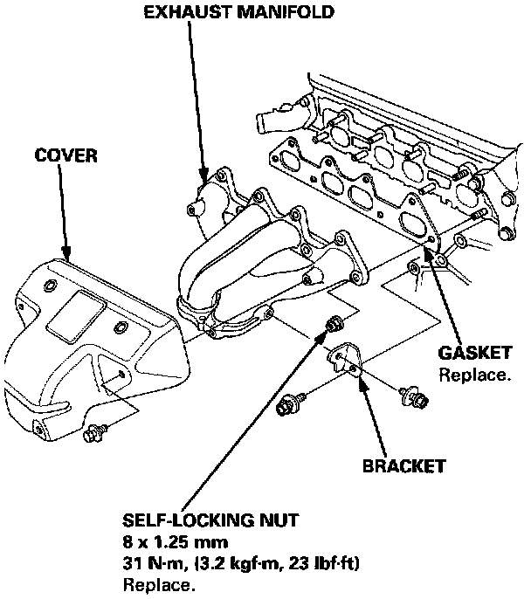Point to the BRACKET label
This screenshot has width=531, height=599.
pos(403,465)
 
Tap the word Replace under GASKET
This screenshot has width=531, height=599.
pos(473,375)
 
